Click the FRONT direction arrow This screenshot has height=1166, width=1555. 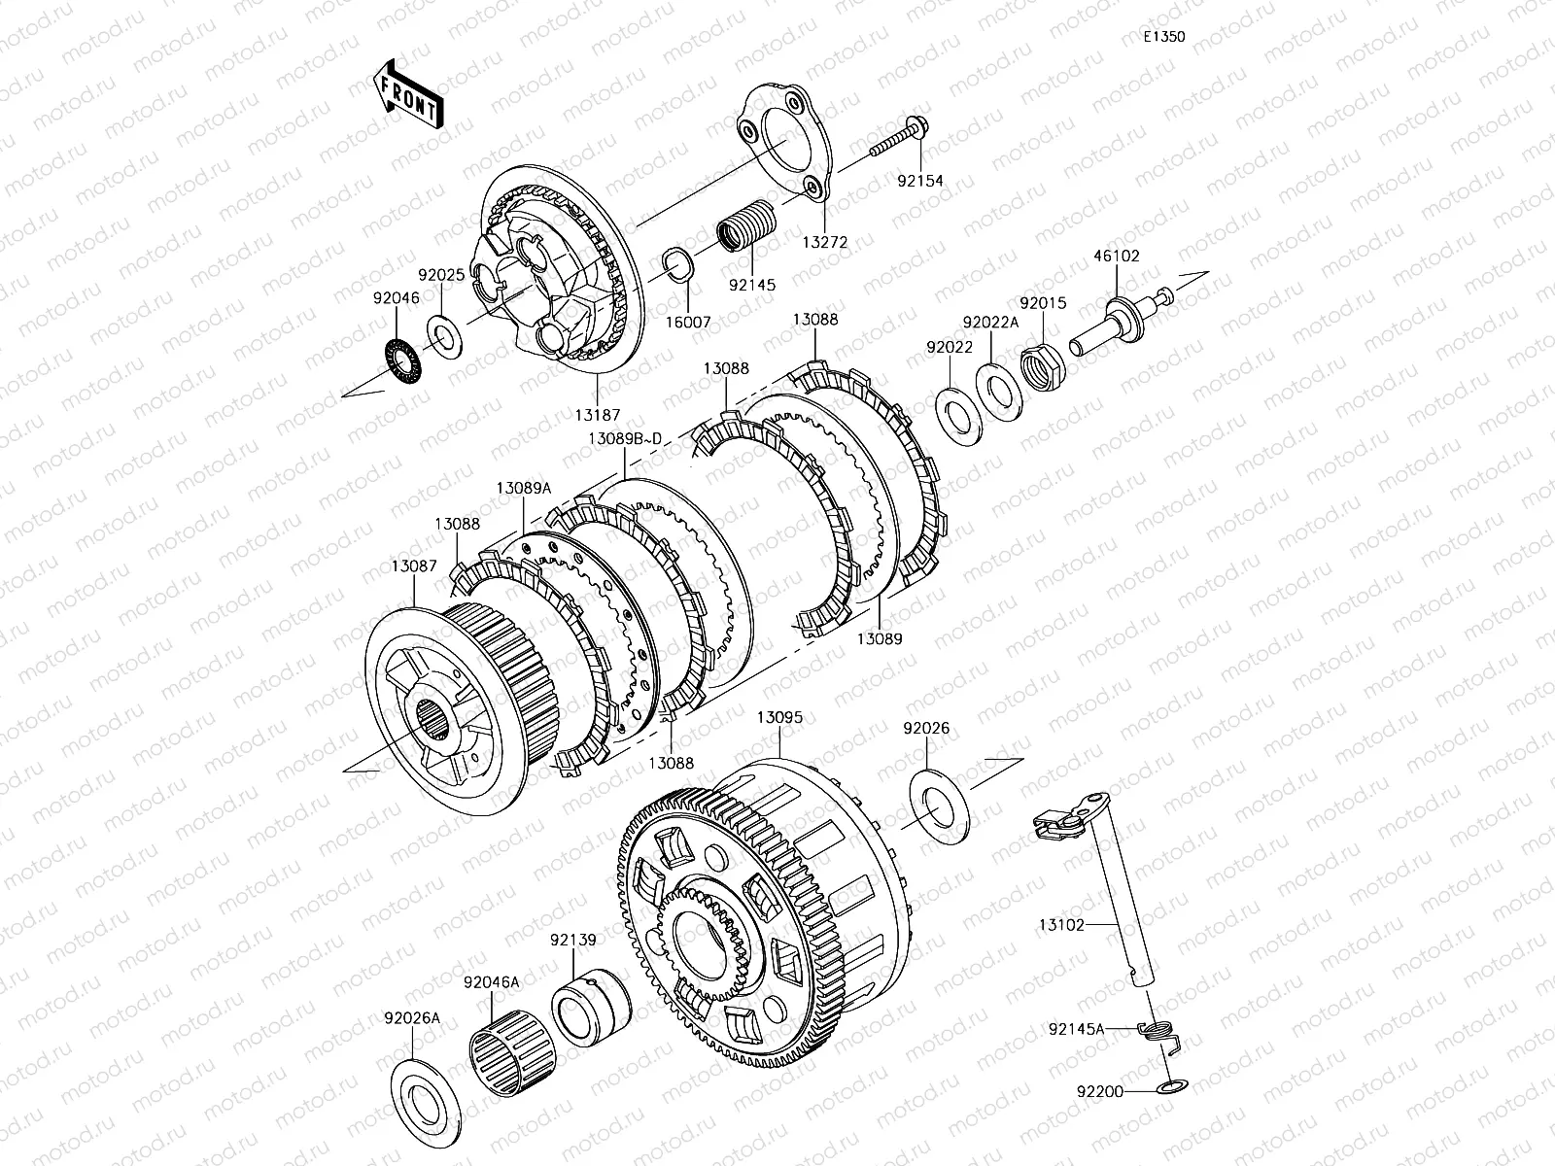408,93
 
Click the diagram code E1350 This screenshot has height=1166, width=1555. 1164,37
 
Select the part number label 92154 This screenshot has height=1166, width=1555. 920,182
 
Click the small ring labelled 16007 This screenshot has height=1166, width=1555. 678,265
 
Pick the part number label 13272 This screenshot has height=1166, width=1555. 824,243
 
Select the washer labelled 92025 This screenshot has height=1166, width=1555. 444,337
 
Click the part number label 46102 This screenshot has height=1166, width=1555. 1117,257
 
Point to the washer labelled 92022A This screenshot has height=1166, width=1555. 999,392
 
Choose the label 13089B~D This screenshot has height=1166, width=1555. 625,439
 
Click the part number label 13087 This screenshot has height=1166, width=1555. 414,566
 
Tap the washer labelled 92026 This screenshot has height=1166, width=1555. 939,806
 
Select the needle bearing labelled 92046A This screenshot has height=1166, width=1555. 513,1053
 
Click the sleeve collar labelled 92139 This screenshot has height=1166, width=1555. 591,1006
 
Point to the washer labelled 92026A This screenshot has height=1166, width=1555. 426,1103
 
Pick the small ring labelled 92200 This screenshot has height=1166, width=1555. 1172,1086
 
